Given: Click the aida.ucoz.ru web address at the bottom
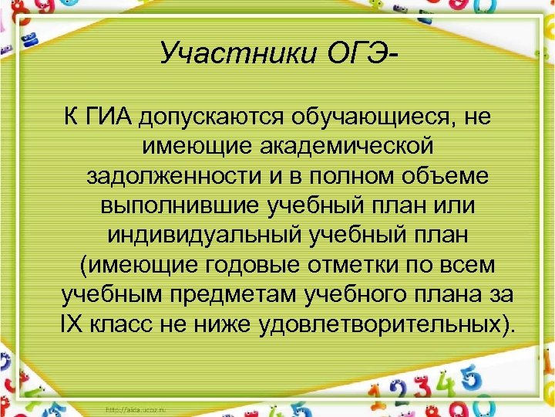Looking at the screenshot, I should tap(140, 409).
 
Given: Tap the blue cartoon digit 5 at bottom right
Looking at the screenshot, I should tap(469, 380).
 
